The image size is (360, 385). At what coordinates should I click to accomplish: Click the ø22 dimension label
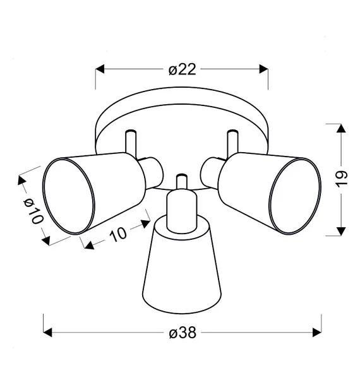point(183,69)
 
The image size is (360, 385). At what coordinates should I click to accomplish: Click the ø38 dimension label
point(183,333)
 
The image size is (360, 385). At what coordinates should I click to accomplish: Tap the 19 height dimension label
point(342,179)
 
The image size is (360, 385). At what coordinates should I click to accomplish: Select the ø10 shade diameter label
point(33,211)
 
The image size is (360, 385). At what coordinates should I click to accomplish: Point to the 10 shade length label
point(118,234)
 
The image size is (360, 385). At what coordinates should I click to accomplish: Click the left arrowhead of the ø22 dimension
point(100,69)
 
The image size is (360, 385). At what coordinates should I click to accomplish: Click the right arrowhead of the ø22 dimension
point(263,69)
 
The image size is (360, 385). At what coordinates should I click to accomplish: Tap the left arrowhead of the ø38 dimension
point(47,333)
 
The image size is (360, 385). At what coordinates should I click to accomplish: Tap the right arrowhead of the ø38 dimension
point(317,333)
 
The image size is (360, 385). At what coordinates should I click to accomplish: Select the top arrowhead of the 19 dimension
point(341,128)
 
